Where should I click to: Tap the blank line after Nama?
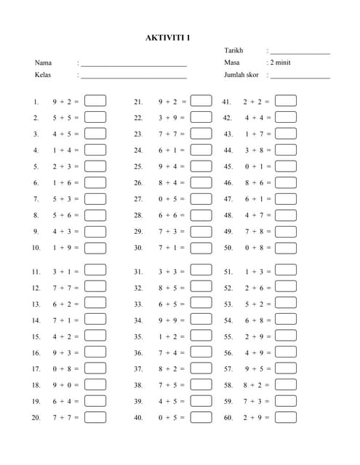click(134, 65)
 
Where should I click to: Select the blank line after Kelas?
click(134, 77)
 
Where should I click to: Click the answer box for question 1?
click(95, 101)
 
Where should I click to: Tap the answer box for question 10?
click(95, 247)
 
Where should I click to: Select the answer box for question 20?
click(95, 417)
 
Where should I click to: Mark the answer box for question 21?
click(201, 101)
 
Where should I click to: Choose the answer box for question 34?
click(201, 320)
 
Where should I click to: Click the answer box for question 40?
click(201, 417)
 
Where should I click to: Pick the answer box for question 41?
click(286, 101)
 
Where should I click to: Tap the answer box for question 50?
click(286, 247)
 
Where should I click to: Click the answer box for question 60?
click(286, 417)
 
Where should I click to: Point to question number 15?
click(36, 336)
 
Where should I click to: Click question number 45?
click(228, 166)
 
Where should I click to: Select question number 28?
click(138, 215)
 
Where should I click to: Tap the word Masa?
click(233, 62)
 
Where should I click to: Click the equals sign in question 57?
click(269, 368)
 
